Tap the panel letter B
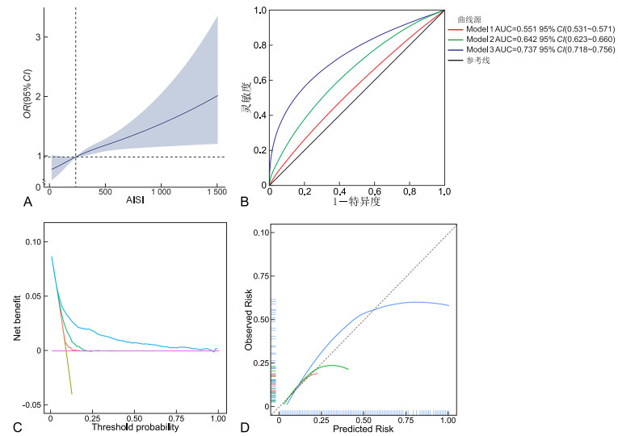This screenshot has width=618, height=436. point(245,203)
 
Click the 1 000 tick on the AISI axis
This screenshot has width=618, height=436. point(161,192)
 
